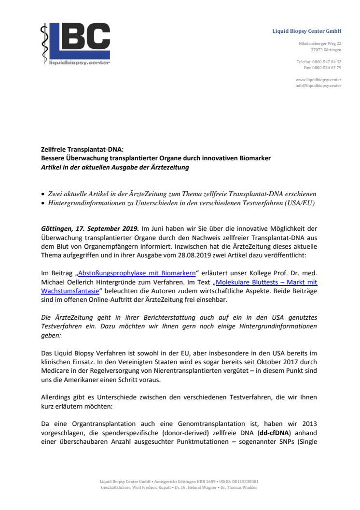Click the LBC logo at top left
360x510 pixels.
pos(75,44)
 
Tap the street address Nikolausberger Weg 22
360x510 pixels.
pos(320,44)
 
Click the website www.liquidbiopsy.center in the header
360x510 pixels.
pos(318,80)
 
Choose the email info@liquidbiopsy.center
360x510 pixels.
pos(318,85)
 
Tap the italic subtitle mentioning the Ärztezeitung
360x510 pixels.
pos(115,168)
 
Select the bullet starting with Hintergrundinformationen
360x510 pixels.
pos(181,203)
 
